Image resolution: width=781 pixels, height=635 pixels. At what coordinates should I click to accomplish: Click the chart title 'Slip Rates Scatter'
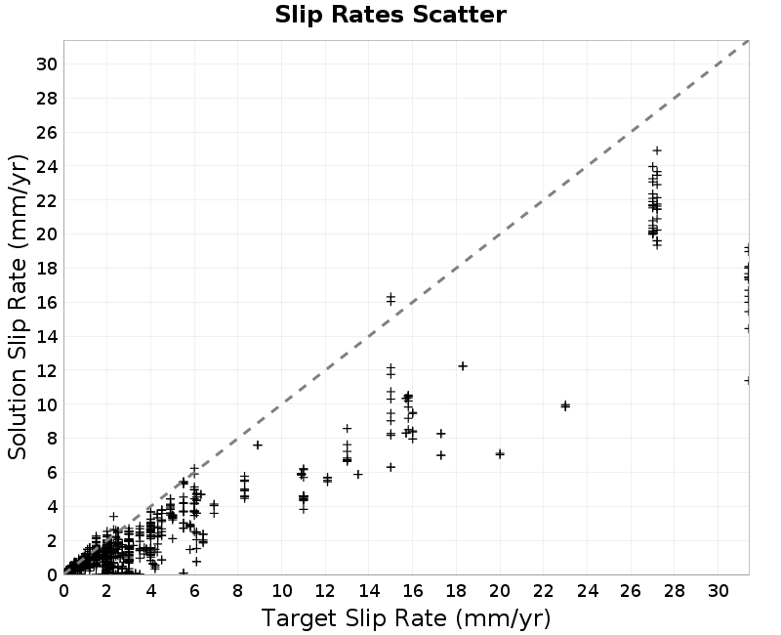pyautogui.click(x=390, y=15)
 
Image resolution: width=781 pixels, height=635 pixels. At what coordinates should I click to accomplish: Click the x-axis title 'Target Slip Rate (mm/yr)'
pyautogui.click(x=406, y=618)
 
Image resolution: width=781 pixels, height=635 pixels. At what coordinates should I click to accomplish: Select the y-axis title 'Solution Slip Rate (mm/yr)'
pyautogui.click(x=18, y=307)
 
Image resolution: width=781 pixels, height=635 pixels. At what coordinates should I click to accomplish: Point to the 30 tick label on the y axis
pyautogui.click(x=46, y=64)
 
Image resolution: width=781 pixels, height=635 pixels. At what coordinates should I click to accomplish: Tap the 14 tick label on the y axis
pyautogui.click(x=46, y=336)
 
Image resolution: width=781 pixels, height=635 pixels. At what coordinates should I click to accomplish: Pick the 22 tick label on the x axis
pyautogui.click(x=544, y=591)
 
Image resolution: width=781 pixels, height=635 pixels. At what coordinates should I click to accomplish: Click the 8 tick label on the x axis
pyautogui.click(x=237, y=591)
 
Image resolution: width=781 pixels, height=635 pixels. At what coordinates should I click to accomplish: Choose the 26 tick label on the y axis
pyautogui.click(x=46, y=133)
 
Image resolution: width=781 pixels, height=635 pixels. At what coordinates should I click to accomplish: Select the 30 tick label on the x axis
pyautogui.click(x=718, y=591)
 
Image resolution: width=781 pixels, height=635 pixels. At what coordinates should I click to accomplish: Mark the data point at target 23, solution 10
pyautogui.click(x=565, y=405)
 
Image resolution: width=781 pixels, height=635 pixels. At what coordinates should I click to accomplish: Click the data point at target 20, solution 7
pyautogui.click(x=500, y=454)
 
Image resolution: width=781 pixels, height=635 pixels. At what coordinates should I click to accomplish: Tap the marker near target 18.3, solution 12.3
pyautogui.click(x=463, y=365)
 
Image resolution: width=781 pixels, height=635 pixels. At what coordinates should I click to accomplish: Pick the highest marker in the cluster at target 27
pyautogui.click(x=657, y=150)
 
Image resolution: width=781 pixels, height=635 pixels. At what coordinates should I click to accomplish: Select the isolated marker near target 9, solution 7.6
pyautogui.click(x=258, y=445)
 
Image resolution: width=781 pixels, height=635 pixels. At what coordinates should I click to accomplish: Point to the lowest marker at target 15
pyautogui.click(x=391, y=467)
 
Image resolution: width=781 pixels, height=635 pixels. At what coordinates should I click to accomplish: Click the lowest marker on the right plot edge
pyautogui.click(x=747, y=380)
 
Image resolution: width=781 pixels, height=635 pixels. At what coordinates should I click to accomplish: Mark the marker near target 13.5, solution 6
pyautogui.click(x=358, y=475)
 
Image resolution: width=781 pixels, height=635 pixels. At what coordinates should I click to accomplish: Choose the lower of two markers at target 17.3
pyautogui.click(x=441, y=455)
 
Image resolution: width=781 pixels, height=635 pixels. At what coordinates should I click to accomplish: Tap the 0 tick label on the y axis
pyautogui.click(x=52, y=574)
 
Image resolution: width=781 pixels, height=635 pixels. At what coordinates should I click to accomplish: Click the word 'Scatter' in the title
pyautogui.click(x=459, y=15)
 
